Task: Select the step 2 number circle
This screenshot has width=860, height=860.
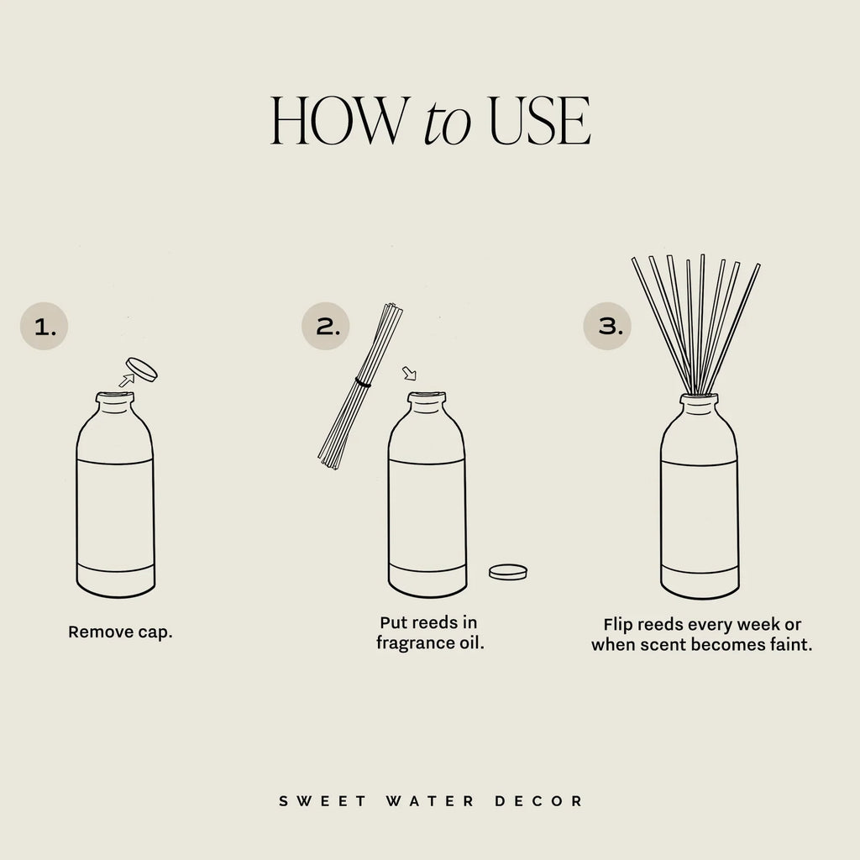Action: pyautogui.click(x=326, y=326)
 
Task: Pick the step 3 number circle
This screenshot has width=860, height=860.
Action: pyautogui.click(x=608, y=326)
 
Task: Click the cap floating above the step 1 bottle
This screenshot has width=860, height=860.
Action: pyautogui.click(x=142, y=369)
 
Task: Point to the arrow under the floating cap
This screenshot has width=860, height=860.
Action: pyautogui.click(x=126, y=380)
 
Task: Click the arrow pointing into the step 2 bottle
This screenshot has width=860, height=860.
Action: pyautogui.click(x=409, y=372)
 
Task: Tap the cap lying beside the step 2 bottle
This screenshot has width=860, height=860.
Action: pyautogui.click(x=508, y=572)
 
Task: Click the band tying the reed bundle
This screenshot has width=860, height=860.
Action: pyautogui.click(x=363, y=383)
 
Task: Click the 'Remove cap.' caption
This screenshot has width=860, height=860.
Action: pyautogui.click(x=120, y=632)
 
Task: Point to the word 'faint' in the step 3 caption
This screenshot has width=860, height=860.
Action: pyautogui.click(x=791, y=646)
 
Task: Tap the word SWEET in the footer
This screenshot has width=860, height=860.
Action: pyautogui.click(x=322, y=801)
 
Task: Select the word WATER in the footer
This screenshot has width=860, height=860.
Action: pyautogui.click(x=428, y=801)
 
